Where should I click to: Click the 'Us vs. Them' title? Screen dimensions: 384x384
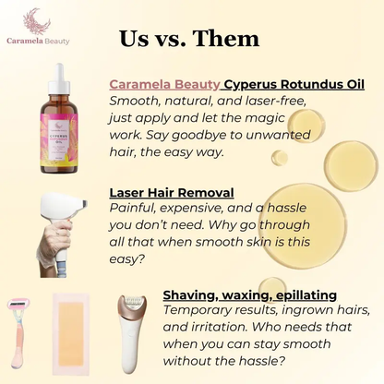(189, 38)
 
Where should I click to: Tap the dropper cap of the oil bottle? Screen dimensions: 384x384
(62, 79)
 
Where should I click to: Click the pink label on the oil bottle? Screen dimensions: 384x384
(63, 138)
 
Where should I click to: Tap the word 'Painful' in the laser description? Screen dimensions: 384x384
(133, 209)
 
